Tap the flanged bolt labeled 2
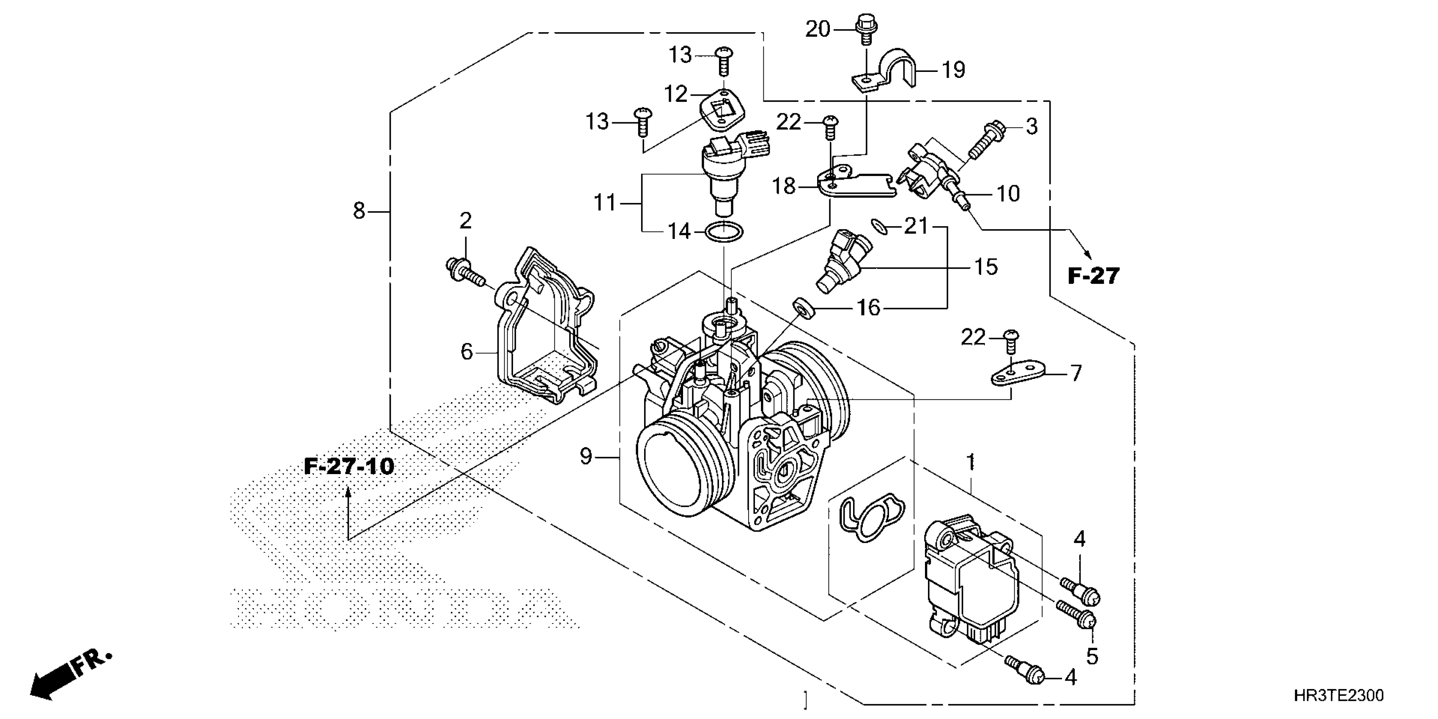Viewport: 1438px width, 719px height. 463,272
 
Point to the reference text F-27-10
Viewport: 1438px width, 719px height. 349,466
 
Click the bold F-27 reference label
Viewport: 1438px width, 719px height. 1093,276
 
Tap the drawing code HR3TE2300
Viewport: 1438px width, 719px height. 1338,696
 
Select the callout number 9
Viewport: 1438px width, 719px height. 585,457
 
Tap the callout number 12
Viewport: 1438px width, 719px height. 675,94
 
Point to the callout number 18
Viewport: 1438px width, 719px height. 784,186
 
